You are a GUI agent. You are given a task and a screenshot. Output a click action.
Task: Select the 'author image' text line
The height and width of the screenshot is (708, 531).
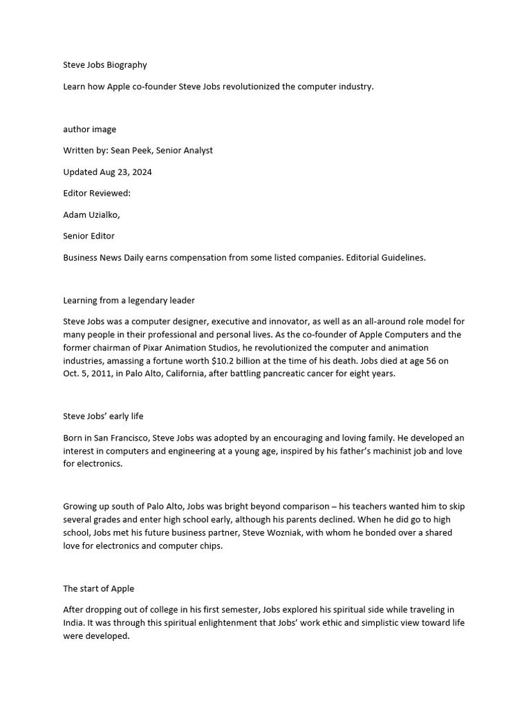click(90, 129)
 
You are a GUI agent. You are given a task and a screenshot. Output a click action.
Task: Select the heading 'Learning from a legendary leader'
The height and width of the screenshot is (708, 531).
click(129, 301)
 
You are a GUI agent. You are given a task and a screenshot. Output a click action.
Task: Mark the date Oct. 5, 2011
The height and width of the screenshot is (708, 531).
click(86, 374)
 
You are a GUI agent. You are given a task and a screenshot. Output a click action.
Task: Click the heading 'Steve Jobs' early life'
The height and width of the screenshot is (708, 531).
click(103, 416)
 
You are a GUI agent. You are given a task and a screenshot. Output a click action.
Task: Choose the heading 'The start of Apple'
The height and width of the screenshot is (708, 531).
click(99, 589)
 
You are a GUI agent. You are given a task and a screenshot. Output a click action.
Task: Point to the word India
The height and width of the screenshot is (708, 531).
click(74, 624)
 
